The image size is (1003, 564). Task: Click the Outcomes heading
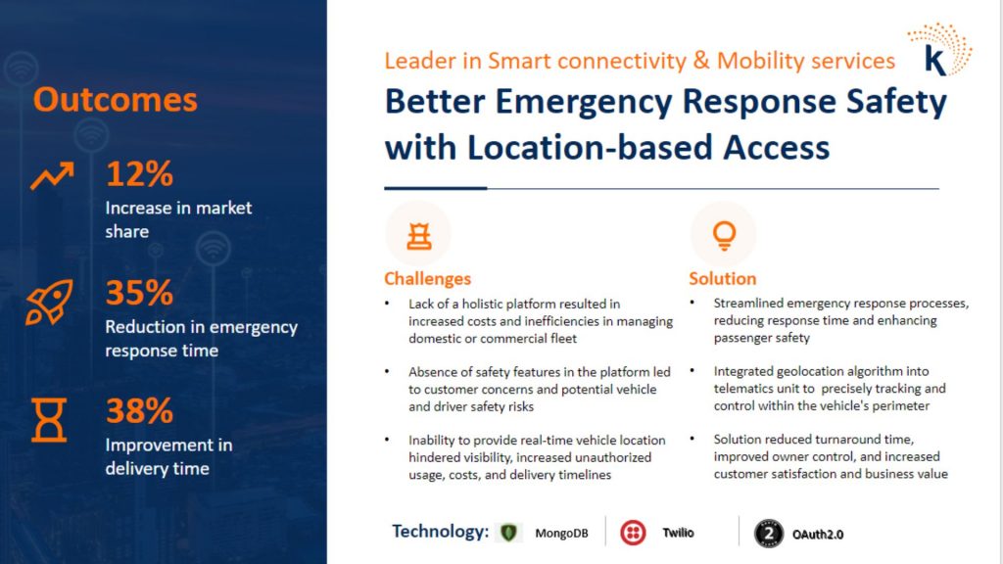coord(116,100)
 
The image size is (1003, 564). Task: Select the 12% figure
coord(139,174)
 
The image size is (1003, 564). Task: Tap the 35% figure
coord(139,293)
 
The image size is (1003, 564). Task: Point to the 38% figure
coord(139,410)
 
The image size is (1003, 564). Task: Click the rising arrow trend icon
coord(52,175)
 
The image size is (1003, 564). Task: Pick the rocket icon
coord(49,302)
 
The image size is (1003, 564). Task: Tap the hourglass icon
coord(49,419)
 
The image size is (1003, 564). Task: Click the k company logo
coord(939,50)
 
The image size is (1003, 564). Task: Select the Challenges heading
coord(427,279)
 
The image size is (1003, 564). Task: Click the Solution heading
coord(722,279)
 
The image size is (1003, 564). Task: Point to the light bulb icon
coord(724,235)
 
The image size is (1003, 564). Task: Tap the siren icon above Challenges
coord(419,235)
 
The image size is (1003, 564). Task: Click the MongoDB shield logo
coord(508,532)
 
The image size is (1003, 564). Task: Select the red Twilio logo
coord(634,533)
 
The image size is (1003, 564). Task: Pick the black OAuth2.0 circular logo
coord(769,534)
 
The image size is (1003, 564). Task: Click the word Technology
coord(440,532)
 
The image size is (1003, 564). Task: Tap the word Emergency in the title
coord(584,102)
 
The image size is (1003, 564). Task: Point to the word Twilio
coord(678,533)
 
